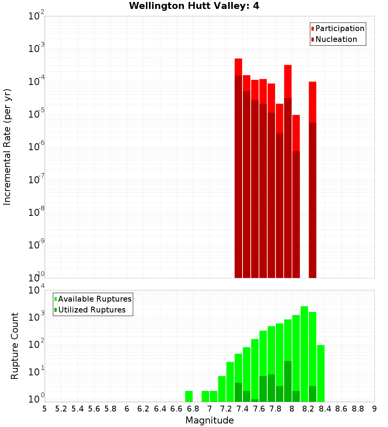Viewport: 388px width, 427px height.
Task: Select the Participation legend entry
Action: click(x=339, y=29)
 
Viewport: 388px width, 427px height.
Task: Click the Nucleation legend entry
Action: click(x=336, y=40)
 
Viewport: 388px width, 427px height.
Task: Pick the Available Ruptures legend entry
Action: click(x=94, y=299)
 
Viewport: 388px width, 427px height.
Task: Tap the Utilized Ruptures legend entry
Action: click(x=92, y=310)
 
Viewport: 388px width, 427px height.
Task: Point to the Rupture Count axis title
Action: click(x=15, y=345)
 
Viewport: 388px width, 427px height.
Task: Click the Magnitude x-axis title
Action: click(x=210, y=420)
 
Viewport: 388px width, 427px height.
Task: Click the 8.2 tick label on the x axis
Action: click(x=308, y=409)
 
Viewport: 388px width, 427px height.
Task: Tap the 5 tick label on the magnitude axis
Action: click(x=45, y=409)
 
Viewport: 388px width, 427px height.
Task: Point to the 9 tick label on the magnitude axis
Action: click(x=374, y=409)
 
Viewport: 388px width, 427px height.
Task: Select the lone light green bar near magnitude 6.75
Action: click(x=189, y=396)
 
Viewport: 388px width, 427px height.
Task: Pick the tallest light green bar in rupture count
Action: click(x=305, y=353)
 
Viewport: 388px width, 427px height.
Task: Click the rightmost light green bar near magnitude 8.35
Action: click(x=321, y=373)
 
